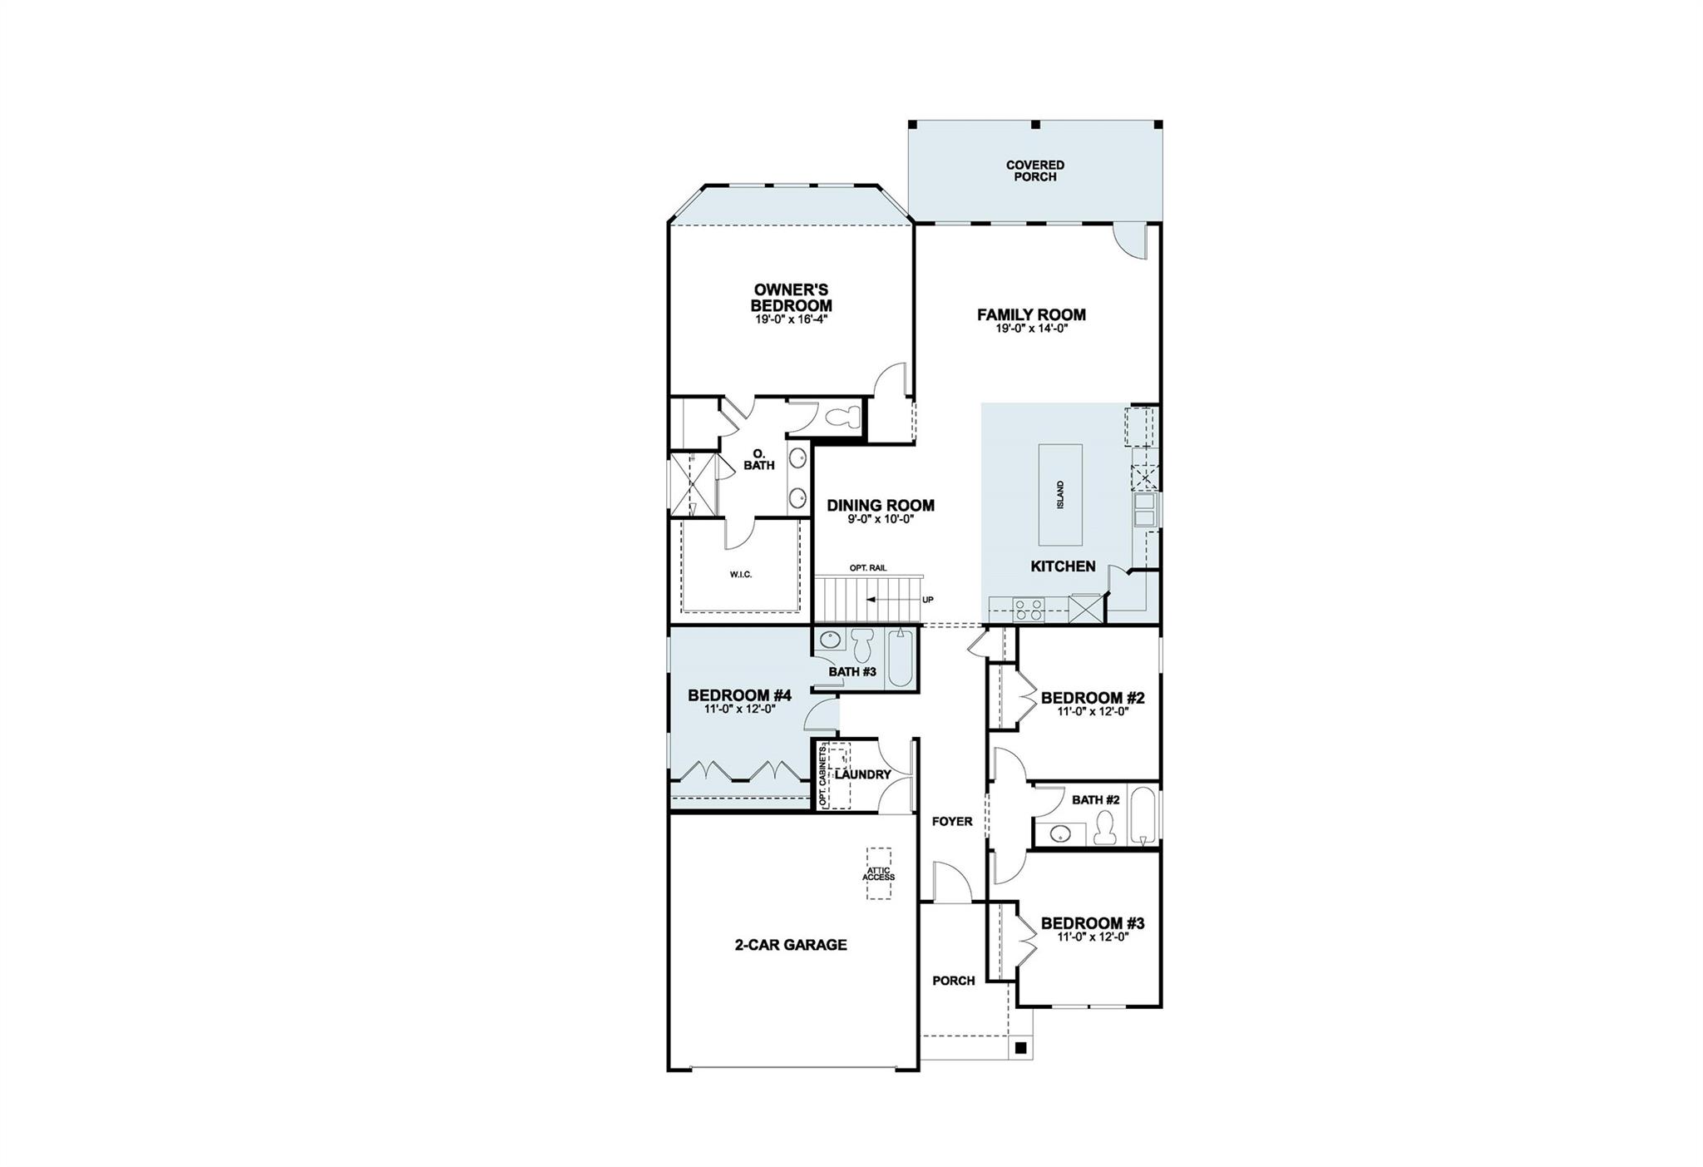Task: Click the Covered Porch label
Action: click(x=1034, y=171)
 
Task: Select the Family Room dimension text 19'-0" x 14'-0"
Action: click(x=1031, y=329)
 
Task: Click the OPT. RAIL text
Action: click(x=868, y=567)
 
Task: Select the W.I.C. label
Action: click(x=741, y=575)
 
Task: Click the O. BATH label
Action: click(x=759, y=460)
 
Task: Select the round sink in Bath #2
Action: click(x=1059, y=833)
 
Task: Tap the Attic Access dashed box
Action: click(x=879, y=873)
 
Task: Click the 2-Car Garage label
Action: click(x=790, y=945)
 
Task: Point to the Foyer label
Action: click(x=952, y=822)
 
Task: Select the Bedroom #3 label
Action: click(x=1092, y=923)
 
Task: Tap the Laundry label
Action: click(x=862, y=774)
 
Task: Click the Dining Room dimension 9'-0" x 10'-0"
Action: click(x=880, y=519)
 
